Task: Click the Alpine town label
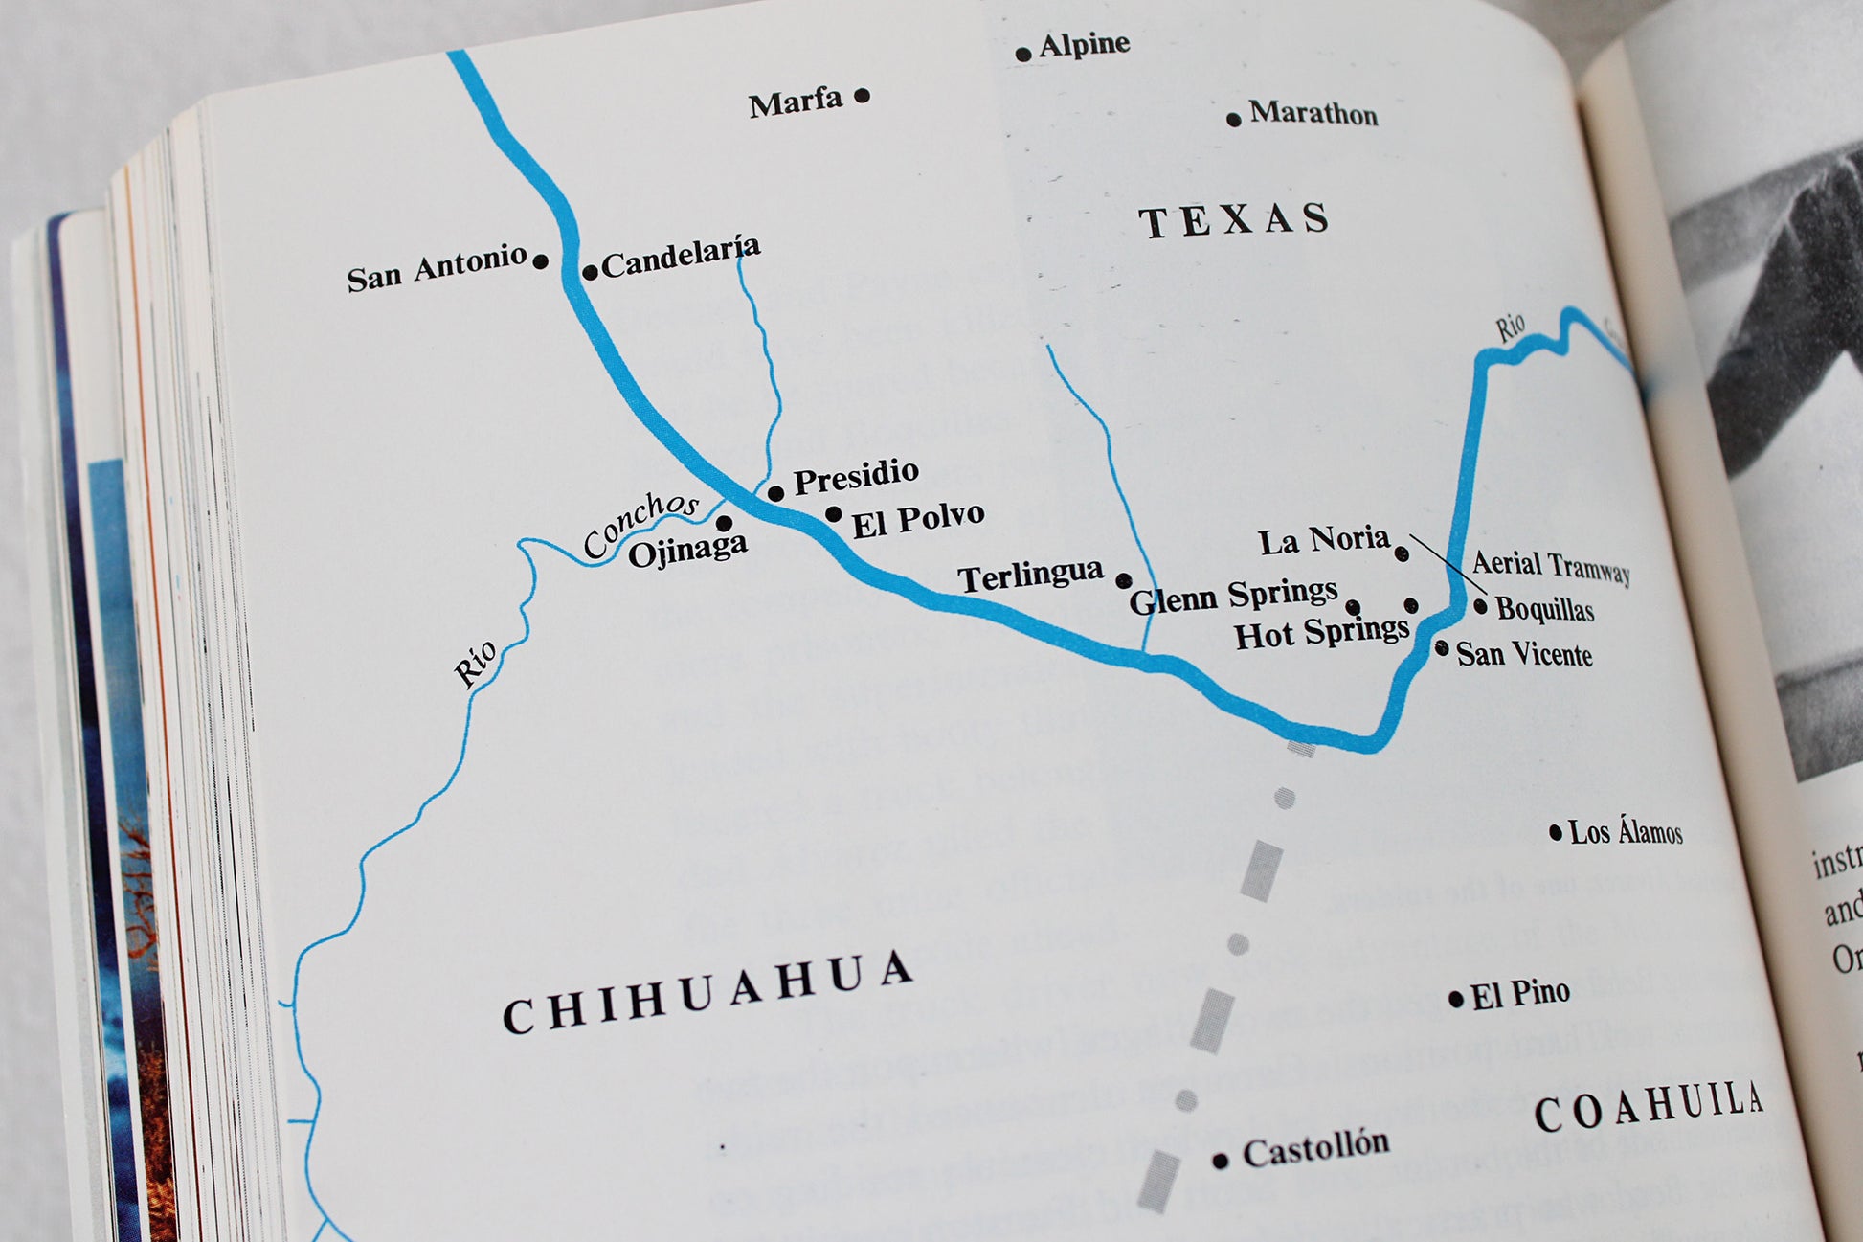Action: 1084,44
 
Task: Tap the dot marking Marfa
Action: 862,95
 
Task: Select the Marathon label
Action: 1313,113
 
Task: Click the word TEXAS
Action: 1234,220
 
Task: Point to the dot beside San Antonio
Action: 540,261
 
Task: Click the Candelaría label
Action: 681,256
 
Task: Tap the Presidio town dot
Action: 775,493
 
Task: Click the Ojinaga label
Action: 687,550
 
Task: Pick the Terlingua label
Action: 1030,576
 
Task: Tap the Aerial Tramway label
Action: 1550,566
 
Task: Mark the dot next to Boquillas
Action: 1480,606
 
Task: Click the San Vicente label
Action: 1524,654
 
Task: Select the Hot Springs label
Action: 1321,632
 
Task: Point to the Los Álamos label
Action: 1625,831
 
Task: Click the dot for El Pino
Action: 1456,1000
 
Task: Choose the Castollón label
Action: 1315,1148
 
